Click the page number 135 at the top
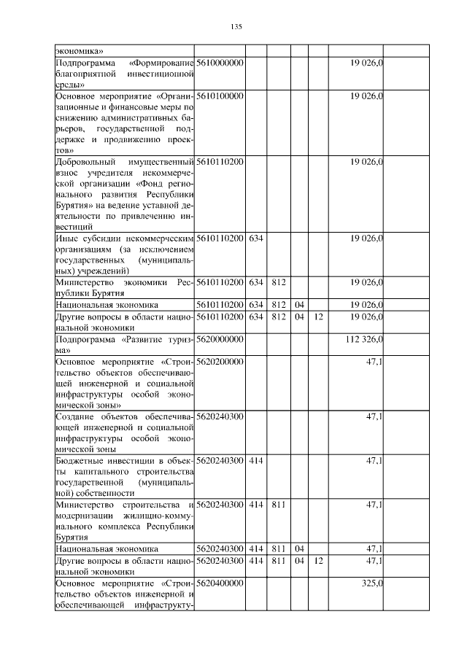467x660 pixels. point(236,27)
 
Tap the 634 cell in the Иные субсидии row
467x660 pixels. point(255,238)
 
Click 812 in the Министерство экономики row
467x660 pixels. point(277,282)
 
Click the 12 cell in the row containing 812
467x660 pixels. point(317,317)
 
